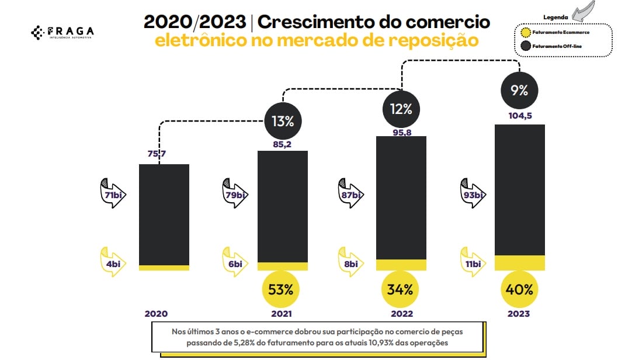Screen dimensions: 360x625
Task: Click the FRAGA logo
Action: [x=62, y=33]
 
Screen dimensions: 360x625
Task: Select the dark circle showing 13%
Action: [x=283, y=121]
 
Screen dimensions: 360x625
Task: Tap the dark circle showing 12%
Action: [x=401, y=109]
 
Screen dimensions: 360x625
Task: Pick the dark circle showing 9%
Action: [x=519, y=91]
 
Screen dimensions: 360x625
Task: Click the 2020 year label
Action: [x=157, y=314]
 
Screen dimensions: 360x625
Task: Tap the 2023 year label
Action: [x=519, y=314]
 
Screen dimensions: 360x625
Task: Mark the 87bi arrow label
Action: [x=352, y=194]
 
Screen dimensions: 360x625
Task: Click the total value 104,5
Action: [x=519, y=116]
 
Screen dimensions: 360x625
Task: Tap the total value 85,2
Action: [x=283, y=143]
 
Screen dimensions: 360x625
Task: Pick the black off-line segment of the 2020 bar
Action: [x=164, y=214]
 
